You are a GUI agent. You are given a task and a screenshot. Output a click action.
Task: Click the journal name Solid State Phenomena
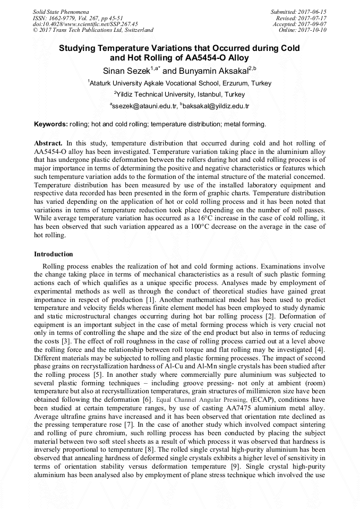[60, 11]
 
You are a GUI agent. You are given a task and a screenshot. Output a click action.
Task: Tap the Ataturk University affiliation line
[179, 83]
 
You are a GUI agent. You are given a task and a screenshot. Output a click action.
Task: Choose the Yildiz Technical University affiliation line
[179, 94]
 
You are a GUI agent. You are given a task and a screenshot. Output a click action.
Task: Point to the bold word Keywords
[51, 124]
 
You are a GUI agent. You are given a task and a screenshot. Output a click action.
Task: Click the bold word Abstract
[48, 143]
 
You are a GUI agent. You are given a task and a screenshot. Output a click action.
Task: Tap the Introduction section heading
[54, 254]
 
